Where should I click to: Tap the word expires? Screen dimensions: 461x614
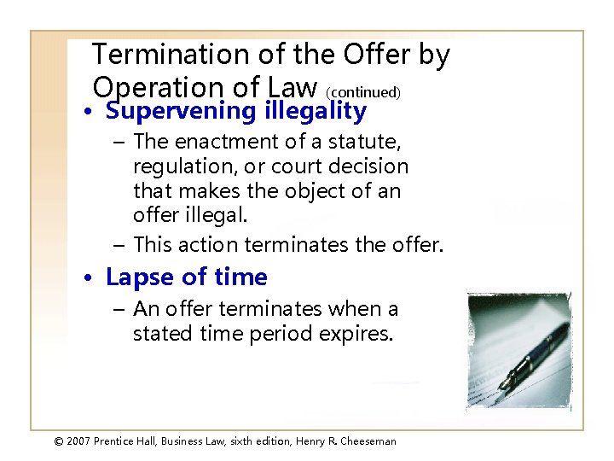coord(357,333)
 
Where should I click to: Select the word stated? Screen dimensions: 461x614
coord(160,333)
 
